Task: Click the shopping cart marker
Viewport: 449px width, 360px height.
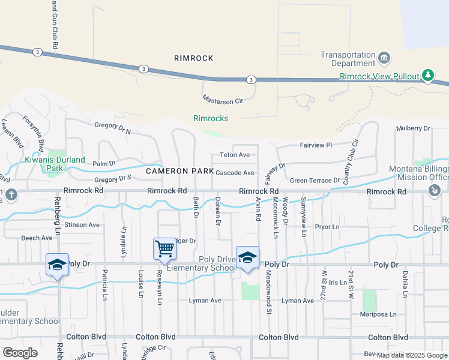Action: point(164,248)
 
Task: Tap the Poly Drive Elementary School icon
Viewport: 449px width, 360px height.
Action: point(247,258)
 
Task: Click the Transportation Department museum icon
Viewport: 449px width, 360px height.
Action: point(384,58)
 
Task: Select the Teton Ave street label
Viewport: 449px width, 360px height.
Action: point(235,155)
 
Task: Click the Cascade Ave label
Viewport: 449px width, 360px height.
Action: point(235,173)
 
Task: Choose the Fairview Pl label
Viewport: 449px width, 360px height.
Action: point(315,145)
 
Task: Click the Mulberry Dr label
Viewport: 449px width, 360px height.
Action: point(414,128)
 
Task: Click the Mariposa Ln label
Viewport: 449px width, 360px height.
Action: point(379,314)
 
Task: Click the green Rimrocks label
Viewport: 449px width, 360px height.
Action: point(211,119)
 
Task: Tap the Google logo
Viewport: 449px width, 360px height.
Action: point(20,353)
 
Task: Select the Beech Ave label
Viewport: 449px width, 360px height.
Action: point(37,238)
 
